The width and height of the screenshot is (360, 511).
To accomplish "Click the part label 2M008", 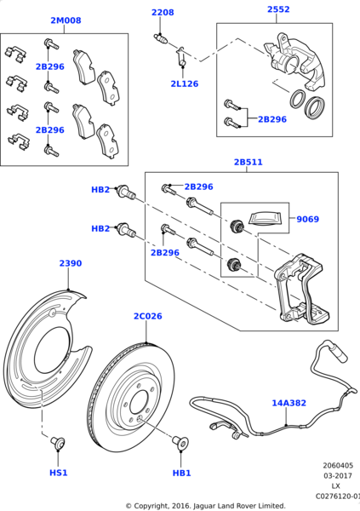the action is tap(66, 20).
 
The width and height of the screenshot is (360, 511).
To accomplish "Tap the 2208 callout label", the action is tap(163, 13).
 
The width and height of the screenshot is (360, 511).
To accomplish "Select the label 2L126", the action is tap(185, 83).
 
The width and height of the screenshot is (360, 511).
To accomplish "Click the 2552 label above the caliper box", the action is tap(278, 9).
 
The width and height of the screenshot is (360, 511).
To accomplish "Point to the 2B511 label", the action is tap(249, 162).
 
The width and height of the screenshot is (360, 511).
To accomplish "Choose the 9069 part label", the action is tap(307, 219).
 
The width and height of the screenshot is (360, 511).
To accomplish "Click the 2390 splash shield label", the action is tap(71, 263).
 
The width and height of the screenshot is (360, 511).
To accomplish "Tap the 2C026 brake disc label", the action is tap(147, 316).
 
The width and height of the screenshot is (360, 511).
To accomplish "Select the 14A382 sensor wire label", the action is tap(289, 403).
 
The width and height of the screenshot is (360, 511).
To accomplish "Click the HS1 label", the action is tap(59, 473).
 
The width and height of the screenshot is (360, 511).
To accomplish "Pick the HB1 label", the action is tap(181, 473).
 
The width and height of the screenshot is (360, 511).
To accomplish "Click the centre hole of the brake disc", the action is tap(140, 403).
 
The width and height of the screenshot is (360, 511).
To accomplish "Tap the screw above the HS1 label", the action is tap(58, 443).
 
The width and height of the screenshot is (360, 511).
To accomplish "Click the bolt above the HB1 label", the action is tap(180, 442).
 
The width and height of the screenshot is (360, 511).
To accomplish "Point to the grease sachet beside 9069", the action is tap(264, 218).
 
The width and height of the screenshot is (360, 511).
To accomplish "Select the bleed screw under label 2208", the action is tap(161, 38).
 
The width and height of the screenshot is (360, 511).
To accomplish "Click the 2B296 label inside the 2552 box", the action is tap(272, 119).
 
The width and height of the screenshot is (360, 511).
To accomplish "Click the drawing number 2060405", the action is tap(338, 465).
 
